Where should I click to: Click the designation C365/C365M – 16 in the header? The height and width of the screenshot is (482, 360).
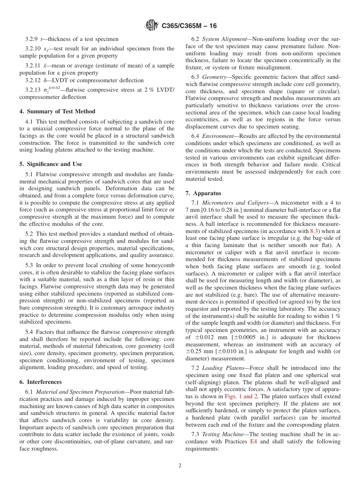(189, 26)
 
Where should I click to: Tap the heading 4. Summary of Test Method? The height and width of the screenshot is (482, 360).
(57, 111)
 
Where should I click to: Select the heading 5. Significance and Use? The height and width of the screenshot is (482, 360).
(50, 164)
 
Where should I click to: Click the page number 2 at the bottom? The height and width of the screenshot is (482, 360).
(180, 466)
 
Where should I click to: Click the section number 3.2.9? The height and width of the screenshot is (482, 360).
(32, 39)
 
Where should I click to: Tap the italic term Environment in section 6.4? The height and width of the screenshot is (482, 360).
(218, 136)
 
